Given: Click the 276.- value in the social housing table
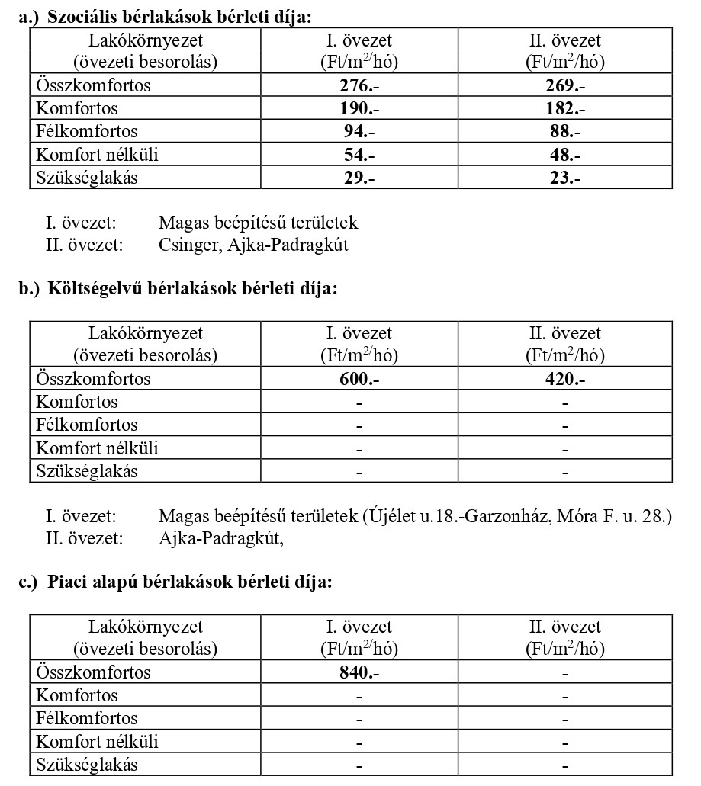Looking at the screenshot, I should click(x=359, y=86).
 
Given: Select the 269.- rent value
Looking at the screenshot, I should click(x=565, y=86).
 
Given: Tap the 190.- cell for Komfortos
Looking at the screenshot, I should click(x=359, y=109).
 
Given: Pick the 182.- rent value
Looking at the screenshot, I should click(x=565, y=109).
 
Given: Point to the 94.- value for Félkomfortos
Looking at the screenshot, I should click(x=359, y=132).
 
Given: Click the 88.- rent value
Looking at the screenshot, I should click(x=565, y=132).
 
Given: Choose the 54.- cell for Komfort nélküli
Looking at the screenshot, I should click(x=359, y=155).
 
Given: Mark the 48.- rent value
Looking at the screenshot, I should click(x=565, y=155).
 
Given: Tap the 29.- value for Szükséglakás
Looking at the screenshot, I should click(x=359, y=178).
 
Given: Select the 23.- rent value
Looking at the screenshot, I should click(x=565, y=178).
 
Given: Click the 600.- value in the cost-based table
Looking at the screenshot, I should click(x=359, y=380).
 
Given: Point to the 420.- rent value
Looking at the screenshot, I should click(x=565, y=380).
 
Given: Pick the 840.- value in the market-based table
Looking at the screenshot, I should click(x=359, y=673).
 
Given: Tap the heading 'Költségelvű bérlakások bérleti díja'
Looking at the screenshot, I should click(x=191, y=289).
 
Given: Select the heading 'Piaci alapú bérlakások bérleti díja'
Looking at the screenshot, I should click(x=189, y=582).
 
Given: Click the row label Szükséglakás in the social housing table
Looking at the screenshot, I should click(x=88, y=178).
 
